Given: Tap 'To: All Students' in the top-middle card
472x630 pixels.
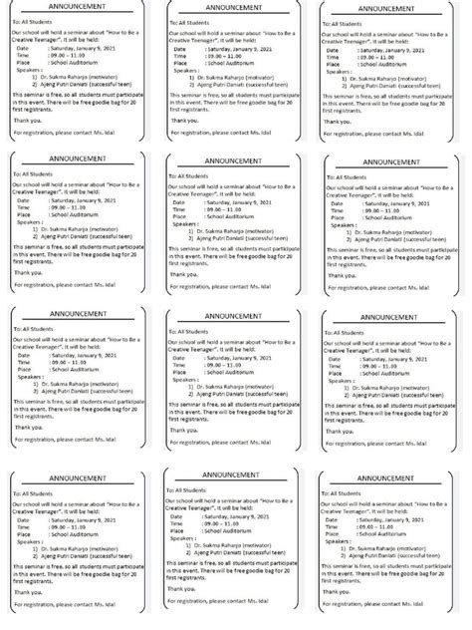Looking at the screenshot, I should pyautogui.click(x=189, y=21).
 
